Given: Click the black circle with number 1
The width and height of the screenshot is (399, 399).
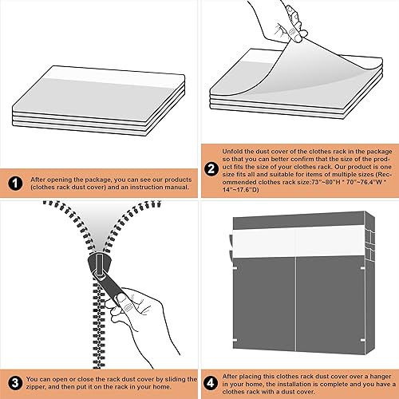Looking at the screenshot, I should click(x=17, y=184).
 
